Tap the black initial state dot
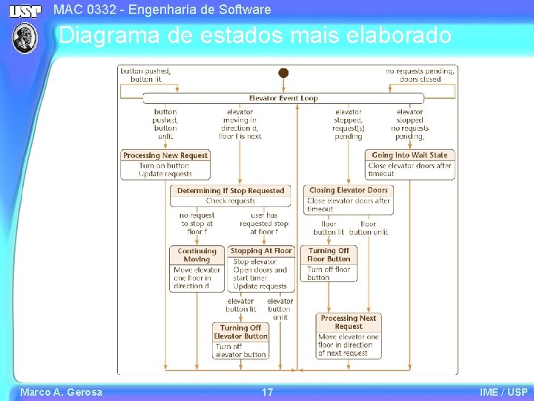(x=283, y=73)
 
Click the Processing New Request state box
(x=165, y=165)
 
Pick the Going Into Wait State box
(x=410, y=165)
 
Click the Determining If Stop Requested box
(x=231, y=195)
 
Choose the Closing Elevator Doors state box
(x=348, y=200)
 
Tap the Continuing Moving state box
(x=197, y=268)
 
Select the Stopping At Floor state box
(x=261, y=268)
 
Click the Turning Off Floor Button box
(x=329, y=264)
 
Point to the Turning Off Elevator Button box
(x=240, y=341)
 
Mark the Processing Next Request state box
(x=349, y=335)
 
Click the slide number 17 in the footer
(x=267, y=392)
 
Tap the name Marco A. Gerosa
(x=61, y=392)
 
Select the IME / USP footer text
(x=504, y=392)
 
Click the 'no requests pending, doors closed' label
(x=420, y=75)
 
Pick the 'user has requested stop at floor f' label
(x=264, y=224)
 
